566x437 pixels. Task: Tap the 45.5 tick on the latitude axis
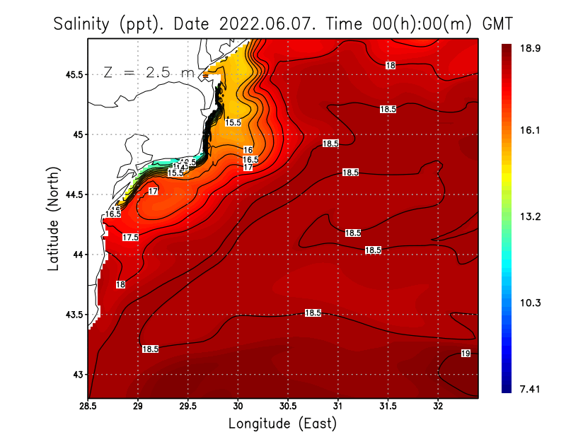pos(74,74)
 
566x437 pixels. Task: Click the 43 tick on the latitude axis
pos(79,374)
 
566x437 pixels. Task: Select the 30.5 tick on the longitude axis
pos(288,407)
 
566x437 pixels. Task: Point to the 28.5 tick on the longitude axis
pos(88,407)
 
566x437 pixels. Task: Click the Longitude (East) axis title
pos(282,424)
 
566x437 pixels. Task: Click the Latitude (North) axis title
pos(54,219)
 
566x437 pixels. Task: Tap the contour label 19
pos(466,354)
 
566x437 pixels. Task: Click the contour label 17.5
pos(130,238)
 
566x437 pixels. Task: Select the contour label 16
pos(248,150)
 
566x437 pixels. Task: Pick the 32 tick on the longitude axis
pos(438,407)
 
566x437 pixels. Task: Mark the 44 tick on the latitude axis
pos(79,255)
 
